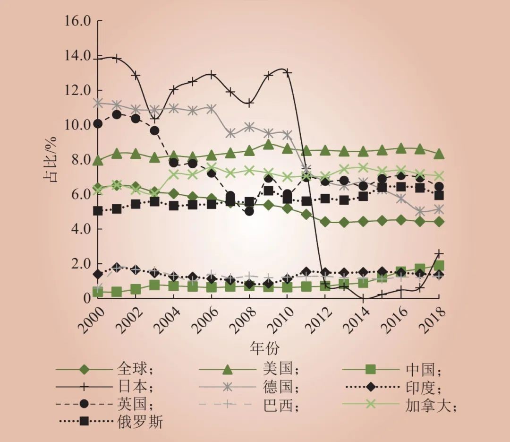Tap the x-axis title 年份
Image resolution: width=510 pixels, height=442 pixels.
click(x=265, y=348)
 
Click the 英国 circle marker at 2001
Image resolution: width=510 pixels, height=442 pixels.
click(x=117, y=114)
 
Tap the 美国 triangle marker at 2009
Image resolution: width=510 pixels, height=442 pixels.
click(x=268, y=144)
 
